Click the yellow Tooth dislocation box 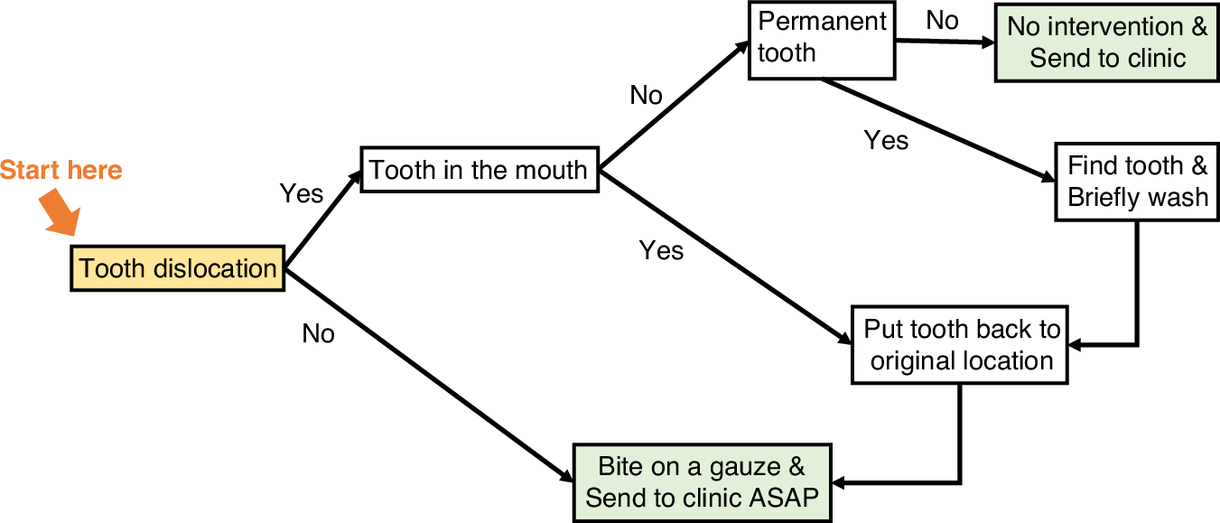pyautogui.click(x=178, y=268)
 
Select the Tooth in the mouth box pyautogui.click(x=479, y=169)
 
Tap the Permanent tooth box pyautogui.click(x=821, y=40)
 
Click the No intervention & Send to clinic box pyautogui.click(x=1106, y=42)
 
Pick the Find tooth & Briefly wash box pyautogui.click(x=1137, y=181)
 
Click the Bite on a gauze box pyautogui.click(x=701, y=482)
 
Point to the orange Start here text pyautogui.click(x=61, y=170)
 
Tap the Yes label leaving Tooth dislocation pyautogui.click(x=302, y=193)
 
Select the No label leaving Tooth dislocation pyautogui.click(x=318, y=334)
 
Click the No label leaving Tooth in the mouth pyautogui.click(x=646, y=95)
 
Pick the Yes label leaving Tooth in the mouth pyautogui.click(x=661, y=250)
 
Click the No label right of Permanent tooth pyautogui.click(x=942, y=21)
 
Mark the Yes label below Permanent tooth pyautogui.click(x=886, y=140)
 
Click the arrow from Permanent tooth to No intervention pyautogui.click(x=944, y=42)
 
